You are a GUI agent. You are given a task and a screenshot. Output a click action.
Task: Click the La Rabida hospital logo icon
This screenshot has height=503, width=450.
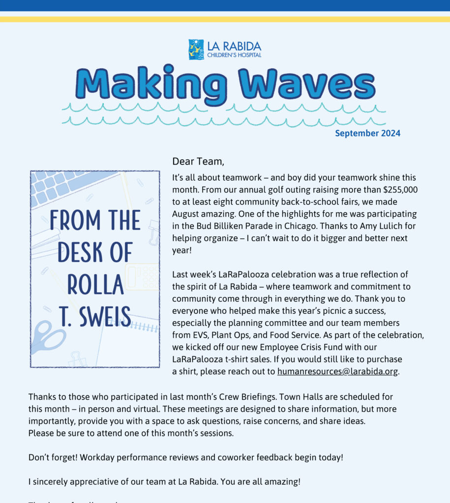[196, 50]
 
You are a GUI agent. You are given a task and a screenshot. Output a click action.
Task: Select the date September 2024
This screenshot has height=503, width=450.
[367, 133]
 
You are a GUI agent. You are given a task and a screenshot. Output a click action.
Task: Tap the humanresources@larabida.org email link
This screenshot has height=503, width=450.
[337, 371]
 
